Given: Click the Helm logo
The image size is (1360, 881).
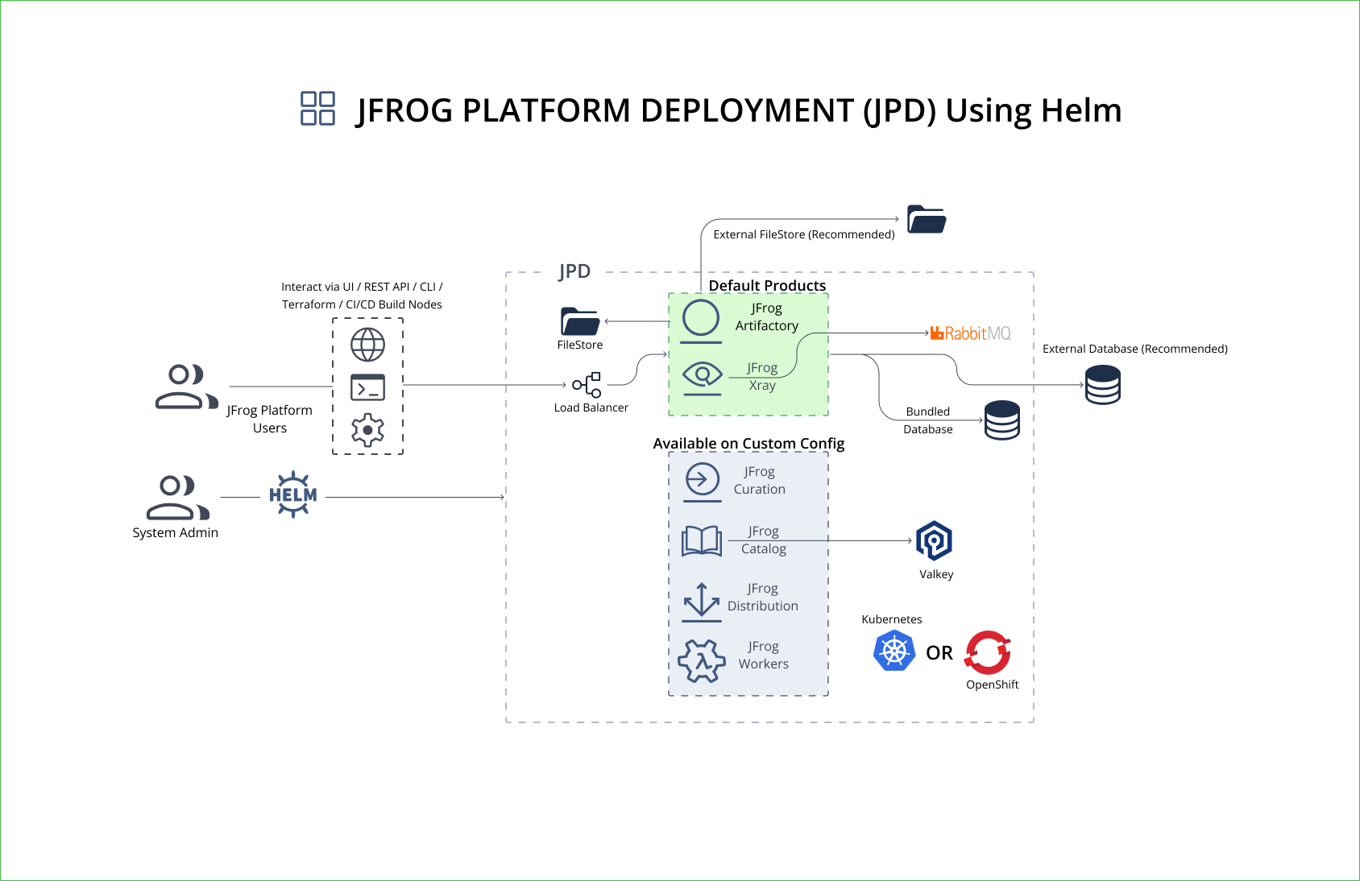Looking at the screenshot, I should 292,494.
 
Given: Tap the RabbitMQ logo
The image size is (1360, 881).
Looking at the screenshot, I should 970,333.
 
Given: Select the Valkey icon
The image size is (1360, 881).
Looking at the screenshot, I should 934,540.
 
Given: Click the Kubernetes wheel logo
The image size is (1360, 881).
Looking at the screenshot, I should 894,651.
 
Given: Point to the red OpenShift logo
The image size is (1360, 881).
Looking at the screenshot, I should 988,652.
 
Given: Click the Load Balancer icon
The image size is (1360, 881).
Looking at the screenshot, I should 587,385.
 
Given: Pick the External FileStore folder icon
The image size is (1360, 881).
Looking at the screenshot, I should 927,219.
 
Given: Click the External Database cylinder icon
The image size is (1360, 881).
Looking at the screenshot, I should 1102,385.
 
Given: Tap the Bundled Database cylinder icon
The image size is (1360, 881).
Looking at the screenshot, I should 1001,420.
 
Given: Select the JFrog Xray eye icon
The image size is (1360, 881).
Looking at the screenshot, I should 702,374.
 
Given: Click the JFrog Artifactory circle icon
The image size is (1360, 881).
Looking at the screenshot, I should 701,317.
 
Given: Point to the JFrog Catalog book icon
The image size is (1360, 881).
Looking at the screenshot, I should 702,541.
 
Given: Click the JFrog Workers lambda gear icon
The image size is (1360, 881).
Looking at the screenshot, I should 702,661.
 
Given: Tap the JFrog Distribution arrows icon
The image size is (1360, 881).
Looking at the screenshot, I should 701,600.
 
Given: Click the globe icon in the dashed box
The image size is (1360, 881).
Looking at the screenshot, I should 367,345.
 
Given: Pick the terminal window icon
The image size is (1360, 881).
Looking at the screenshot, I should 367,387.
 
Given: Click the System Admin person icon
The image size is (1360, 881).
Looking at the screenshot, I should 176,497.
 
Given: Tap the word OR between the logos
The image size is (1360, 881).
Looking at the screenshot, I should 939,653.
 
